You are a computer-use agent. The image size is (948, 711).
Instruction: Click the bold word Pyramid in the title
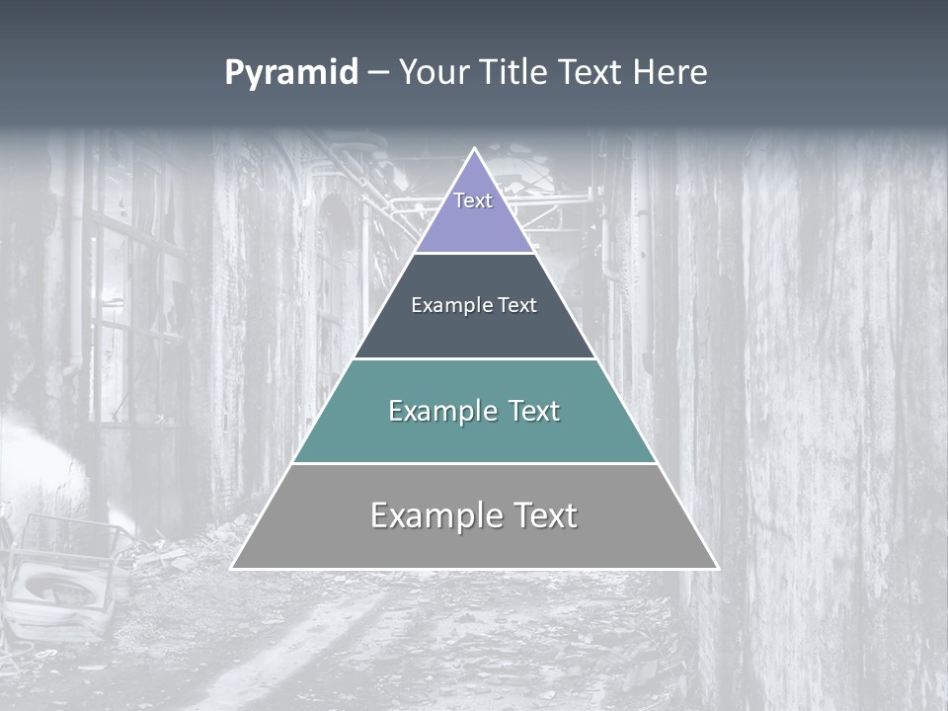coord(291,73)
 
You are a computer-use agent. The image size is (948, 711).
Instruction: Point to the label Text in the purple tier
coord(473,200)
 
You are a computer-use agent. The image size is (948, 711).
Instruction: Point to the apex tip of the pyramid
coord(475,150)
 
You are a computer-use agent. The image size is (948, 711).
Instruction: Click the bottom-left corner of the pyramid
coord(233,568)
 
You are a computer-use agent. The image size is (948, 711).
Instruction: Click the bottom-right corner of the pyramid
coord(716,568)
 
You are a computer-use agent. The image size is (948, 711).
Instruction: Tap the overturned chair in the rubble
coord(59,583)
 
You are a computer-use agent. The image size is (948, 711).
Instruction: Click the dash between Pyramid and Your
coord(378,73)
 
